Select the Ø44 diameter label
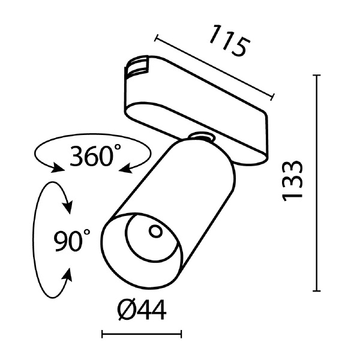[x=142, y=311]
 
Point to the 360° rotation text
[x=92, y=157]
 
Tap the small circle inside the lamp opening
[x=155, y=230]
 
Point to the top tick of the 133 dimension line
[x=317, y=76]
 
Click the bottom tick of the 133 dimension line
[x=317, y=290]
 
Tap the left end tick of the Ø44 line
[x=103, y=334]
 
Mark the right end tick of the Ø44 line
[x=181, y=334]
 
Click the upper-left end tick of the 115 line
[x=155, y=39]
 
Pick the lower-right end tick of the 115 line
[x=274, y=96]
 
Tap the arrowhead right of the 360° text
[x=124, y=169]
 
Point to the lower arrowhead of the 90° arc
[x=68, y=275]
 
